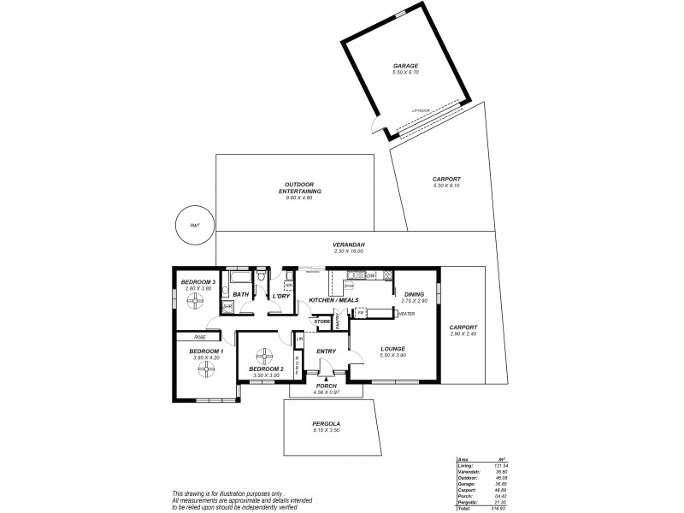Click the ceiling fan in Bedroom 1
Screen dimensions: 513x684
(x=206, y=369)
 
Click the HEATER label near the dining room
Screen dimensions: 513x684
(x=407, y=314)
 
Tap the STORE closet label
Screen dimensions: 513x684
(x=321, y=321)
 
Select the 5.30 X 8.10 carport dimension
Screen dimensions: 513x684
(x=447, y=186)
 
